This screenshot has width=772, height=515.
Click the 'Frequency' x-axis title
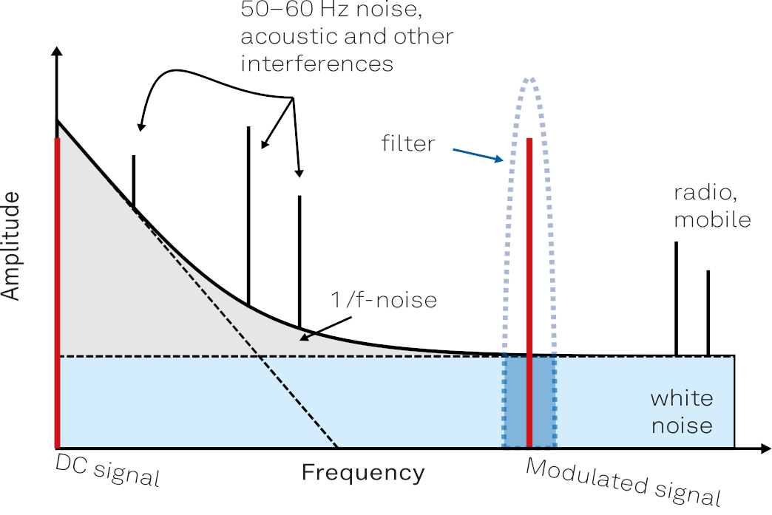363,473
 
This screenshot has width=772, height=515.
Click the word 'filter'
408,143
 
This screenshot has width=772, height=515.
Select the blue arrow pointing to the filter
478,154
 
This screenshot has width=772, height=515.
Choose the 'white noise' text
681,412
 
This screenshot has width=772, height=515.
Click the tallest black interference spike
248,214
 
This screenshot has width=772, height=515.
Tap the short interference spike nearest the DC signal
134,181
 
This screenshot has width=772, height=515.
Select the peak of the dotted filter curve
529,78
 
